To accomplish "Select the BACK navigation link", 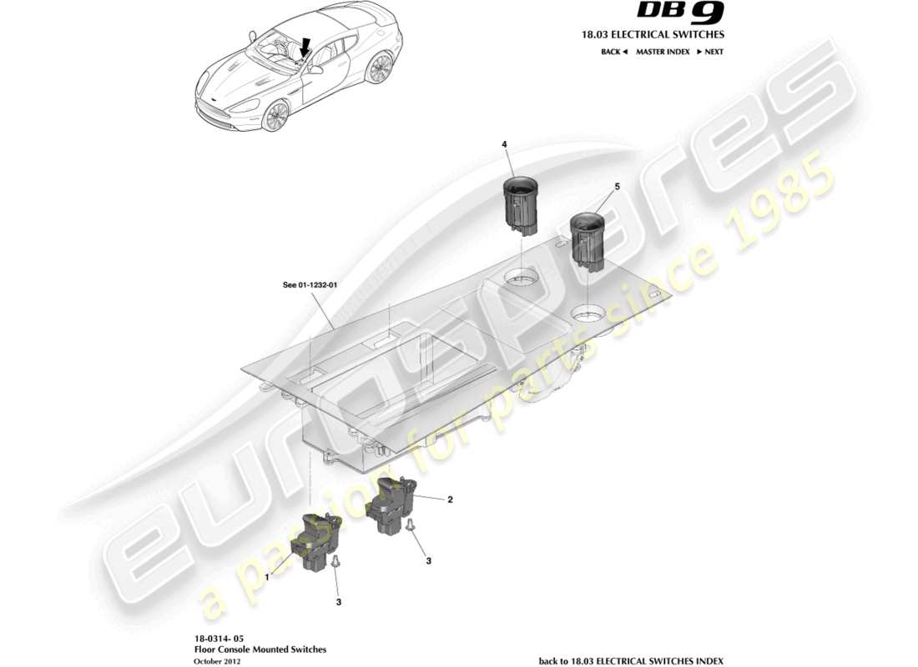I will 613,52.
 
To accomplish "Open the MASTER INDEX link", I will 663,52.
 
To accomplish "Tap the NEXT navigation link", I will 709,52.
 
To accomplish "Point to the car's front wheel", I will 275,116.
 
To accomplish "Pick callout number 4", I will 504,144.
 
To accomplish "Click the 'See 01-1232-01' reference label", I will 310,285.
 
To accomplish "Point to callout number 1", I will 267,576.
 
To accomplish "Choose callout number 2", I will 450,500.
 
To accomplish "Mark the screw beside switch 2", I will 410,525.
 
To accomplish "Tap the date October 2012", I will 216,660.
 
